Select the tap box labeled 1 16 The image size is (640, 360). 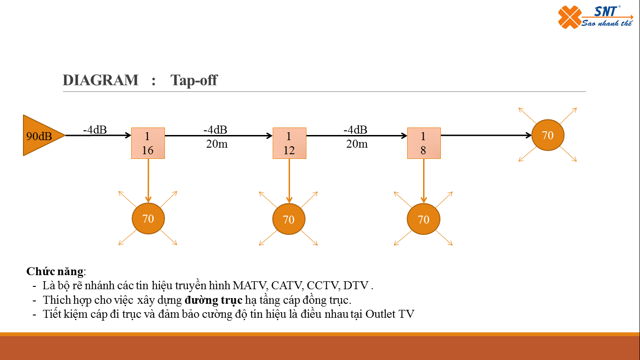(148, 143)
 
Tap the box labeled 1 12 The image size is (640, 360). (289, 143)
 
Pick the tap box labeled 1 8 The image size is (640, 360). (424, 143)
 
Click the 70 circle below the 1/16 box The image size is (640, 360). (148, 218)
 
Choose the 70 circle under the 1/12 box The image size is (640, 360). (289, 219)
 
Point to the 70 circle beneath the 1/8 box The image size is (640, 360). (423, 219)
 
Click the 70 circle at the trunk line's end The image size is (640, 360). (548, 135)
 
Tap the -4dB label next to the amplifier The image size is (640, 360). (95, 130)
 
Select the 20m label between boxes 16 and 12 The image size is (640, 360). (216, 144)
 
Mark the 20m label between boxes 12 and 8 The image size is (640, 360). (357, 144)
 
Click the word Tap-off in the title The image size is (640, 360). (194, 80)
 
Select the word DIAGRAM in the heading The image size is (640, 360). (101, 80)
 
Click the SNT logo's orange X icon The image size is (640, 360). (569, 18)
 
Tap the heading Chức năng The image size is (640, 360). (55, 271)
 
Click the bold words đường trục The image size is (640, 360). (213, 300)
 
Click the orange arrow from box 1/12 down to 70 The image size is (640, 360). (289, 180)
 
